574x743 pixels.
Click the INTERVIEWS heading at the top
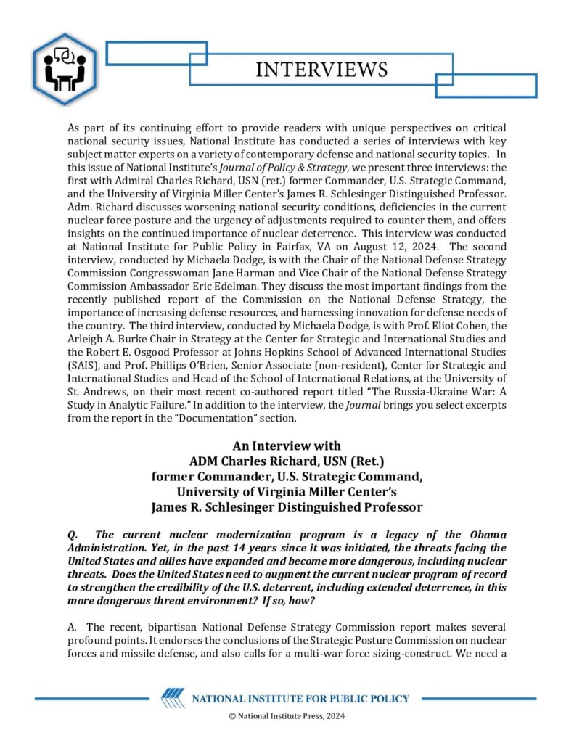[x=321, y=70]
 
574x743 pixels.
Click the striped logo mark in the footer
[x=173, y=699]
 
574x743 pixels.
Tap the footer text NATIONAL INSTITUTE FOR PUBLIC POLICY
[x=300, y=699]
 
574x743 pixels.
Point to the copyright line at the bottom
[x=287, y=717]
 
